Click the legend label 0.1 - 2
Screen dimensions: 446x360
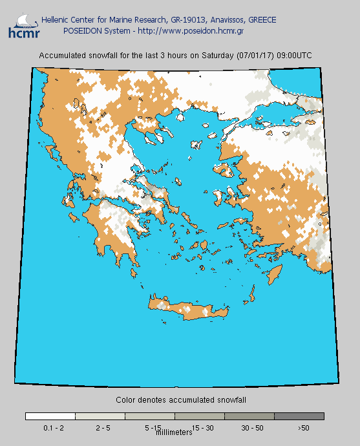[x=52, y=428]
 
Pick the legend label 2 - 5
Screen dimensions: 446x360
[x=103, y=428]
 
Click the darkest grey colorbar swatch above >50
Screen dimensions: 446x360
[x=299, y=416]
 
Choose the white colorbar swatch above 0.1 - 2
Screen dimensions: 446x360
[x=50, y=416]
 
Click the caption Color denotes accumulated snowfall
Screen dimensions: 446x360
[x=181, y=400]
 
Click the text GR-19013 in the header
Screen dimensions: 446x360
[x=184, y=20]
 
